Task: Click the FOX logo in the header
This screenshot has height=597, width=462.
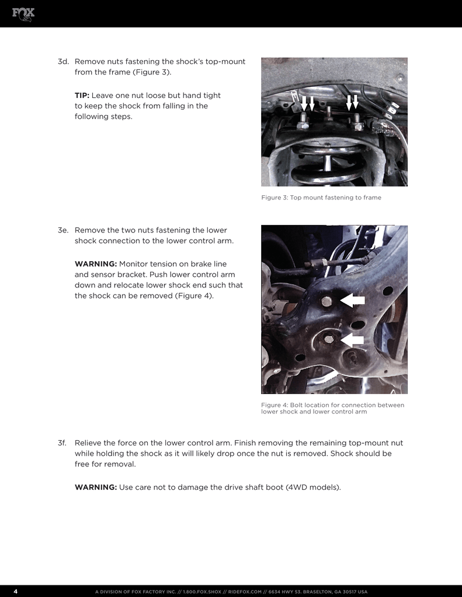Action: pyautogui.click(x=23, y=13)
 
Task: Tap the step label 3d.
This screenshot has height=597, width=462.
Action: pyautogui.click(x=64, y=61)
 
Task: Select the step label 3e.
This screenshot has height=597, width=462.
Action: pyautogui.click(x=64, y=230)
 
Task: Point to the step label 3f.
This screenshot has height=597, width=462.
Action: pyautogui.click(x=64, y=443)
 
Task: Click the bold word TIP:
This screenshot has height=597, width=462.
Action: pyautogui.click(x=82, y=95)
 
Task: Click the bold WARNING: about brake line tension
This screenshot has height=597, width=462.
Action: pyautogui.click(x=96, y=264)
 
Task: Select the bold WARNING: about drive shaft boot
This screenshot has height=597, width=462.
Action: pyautogui.click(x=96, y=487)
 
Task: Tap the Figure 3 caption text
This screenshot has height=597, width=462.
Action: pyautogui.click(x=321, y=198)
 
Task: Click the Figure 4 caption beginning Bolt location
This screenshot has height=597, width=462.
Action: pyautogui.click(x=332, y=408)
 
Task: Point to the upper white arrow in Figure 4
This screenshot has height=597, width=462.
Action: pyautogui.click(x=353, y=300)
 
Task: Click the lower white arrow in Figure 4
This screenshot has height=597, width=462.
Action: pyautogui.click(x=352, y=339)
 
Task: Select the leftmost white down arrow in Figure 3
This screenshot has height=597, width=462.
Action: pyautogui.click(x=304, y=103)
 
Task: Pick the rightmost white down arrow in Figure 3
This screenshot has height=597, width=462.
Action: pyautogui.click(x=356, y=103)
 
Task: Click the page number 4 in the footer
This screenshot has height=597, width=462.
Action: pyautogui.click(x=15, y=591)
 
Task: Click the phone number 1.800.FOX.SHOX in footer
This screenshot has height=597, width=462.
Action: pyautogui.click(x=202, y=592)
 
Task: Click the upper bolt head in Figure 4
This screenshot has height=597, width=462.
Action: pyautogui.click(x=326, y=301)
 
